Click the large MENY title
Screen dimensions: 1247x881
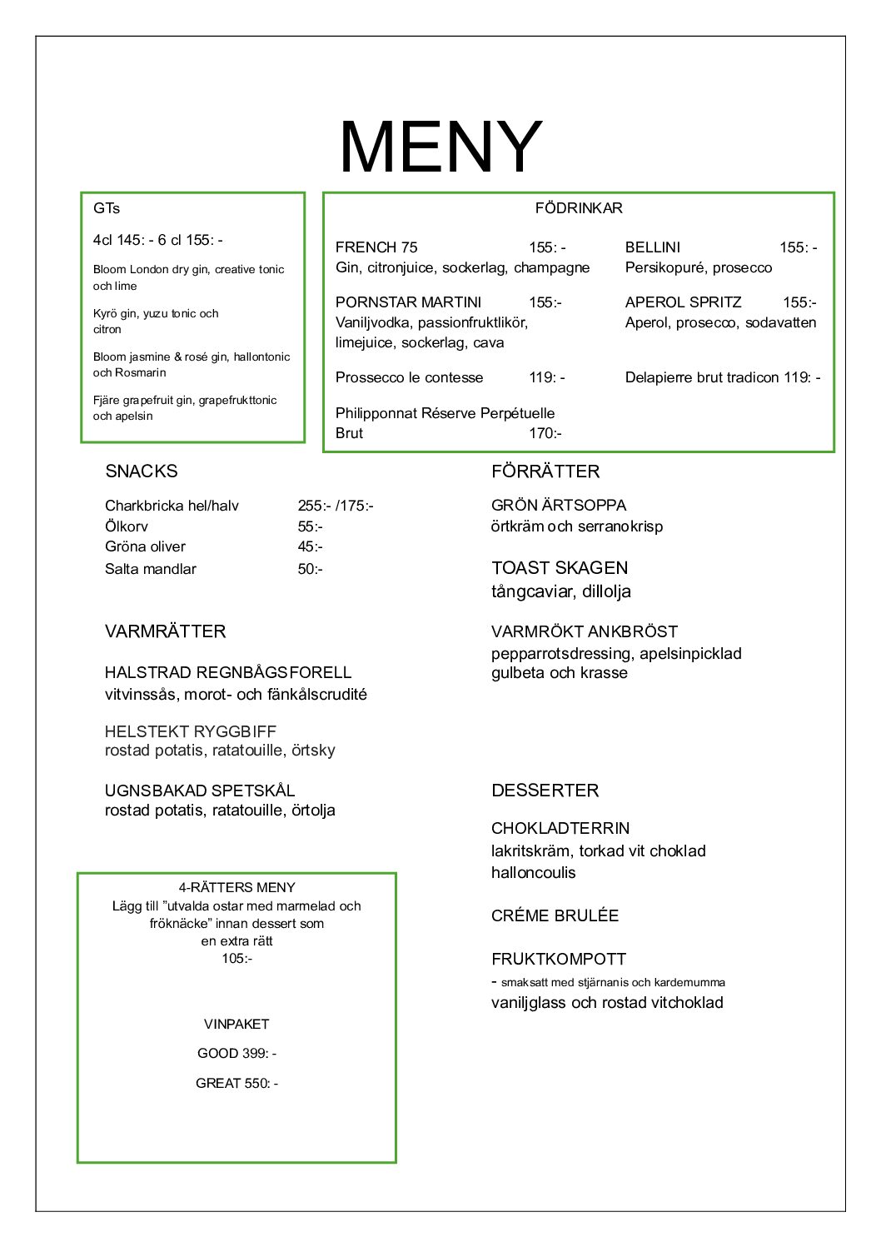click(x=440, y=147)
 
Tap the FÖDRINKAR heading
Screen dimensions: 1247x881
click(x=579, y=208)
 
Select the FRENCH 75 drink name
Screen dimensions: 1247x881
click(x=376, y=247)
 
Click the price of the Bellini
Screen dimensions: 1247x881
click(x=798, y=247)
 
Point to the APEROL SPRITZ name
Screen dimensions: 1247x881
click(x=683, y=302)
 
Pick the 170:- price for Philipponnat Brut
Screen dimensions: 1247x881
click(x=545, y=433)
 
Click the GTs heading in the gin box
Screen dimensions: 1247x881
click(x=107, y=208)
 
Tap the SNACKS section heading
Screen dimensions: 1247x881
click(x=142, y=471)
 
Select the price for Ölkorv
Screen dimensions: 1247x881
click(x=310, y=526)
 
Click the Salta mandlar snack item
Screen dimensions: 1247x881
click(x=151, y=569)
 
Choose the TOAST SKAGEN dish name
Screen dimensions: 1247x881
click(x=560, y=568)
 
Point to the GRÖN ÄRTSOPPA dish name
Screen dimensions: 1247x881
click(x=559, y=506)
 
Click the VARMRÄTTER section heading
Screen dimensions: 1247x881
click(x=165, y=631)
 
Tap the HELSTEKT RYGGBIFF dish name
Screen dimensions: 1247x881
click(x=191, y=731)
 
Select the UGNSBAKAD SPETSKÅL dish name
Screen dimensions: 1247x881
click(x=200, y=791)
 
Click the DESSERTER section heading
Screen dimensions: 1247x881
click(x=545, y=791)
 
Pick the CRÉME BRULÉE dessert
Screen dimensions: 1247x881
click(x=555, y=915)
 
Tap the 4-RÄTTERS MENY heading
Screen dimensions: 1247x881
click(x=236, y=888)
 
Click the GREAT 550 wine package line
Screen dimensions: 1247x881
click(x=236, y=1083)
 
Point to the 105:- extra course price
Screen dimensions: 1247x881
click(x=236, y=959)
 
